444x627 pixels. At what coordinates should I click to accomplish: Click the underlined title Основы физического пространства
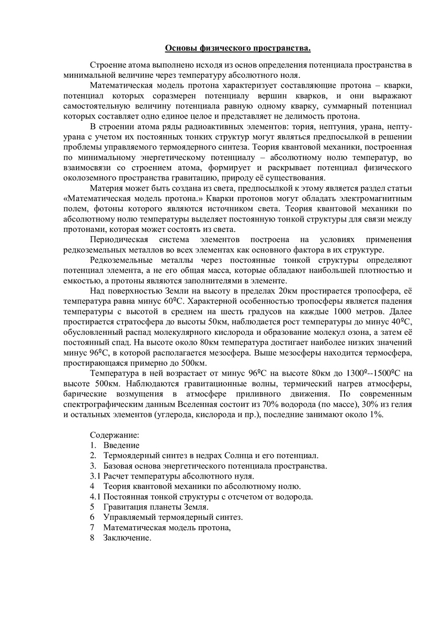point(238,49)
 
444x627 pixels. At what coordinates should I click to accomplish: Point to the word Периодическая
point(117,240)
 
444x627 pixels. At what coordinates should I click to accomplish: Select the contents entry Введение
point(121,445)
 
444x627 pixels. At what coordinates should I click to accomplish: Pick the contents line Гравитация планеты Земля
point(156,507)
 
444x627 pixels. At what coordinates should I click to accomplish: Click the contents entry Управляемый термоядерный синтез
point(173,517)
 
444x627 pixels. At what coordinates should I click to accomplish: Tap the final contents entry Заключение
point(127,538)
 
